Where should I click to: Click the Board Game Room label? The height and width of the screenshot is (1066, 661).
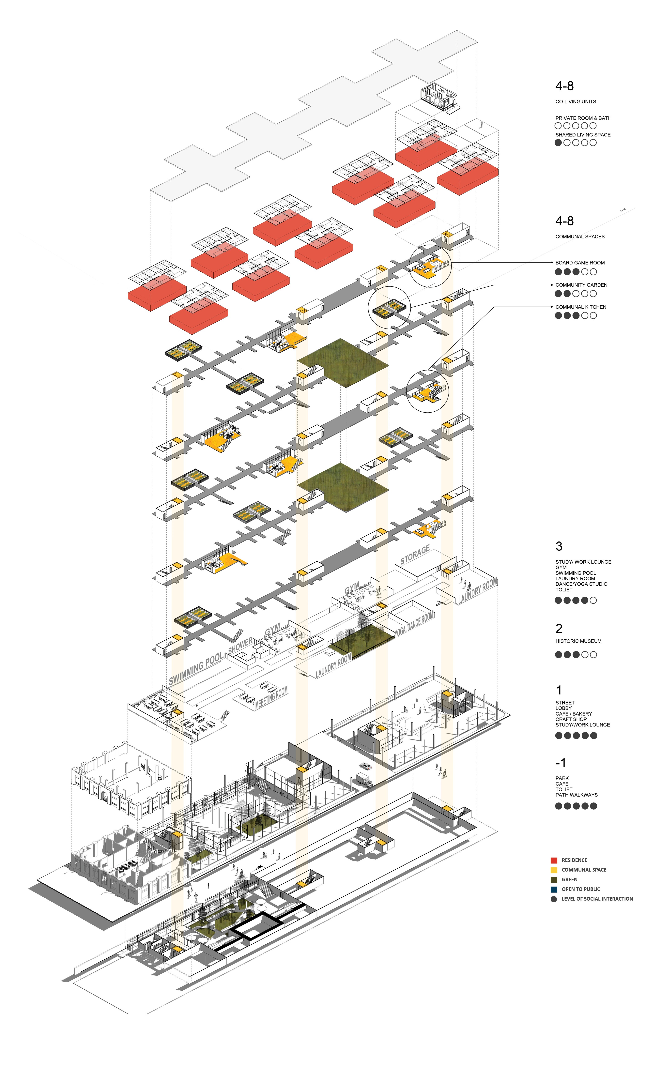click(x=580, y=263)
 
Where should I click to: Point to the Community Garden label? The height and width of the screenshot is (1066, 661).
click(x=581, y=285)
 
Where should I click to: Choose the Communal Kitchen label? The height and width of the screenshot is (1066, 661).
click(x=581, y=307)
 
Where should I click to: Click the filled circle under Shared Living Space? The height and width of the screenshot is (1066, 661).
click(x=558, y=143)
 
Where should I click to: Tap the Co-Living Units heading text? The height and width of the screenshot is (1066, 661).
click(x=575, y=101)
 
